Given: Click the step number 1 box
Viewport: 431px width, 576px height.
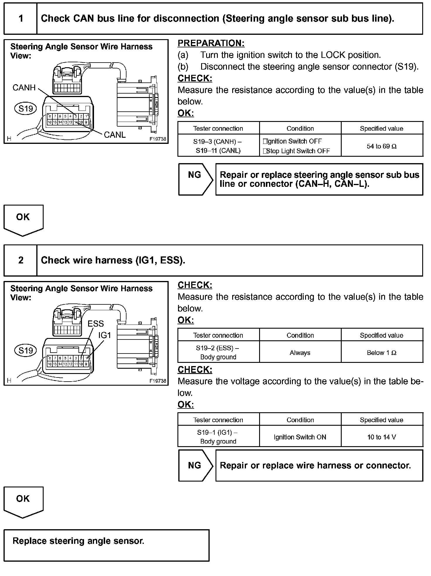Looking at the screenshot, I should click(20, 19).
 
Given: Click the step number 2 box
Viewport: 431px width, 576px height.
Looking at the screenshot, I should click(20, 260).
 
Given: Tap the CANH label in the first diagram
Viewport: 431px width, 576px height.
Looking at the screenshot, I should click(24, 87).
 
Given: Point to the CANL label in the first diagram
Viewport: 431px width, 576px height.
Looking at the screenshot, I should click(114, 134).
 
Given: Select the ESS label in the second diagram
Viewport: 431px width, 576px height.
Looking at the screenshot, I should click(96, 323).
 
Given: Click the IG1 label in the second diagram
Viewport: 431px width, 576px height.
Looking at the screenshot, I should click(105, 335).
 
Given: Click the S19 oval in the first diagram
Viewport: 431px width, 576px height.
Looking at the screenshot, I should click(25, 108).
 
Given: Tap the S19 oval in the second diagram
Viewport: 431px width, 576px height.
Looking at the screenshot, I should click(25, 350).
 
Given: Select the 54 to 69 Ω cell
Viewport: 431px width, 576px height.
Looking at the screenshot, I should click(382, 146).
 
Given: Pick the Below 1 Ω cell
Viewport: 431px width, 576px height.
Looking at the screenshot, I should click(382, 353).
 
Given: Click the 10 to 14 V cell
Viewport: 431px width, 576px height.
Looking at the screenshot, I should click(382, 437).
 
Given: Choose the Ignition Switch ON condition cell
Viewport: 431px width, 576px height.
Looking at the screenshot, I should click(300, 437).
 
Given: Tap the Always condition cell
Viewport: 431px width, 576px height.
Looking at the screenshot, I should click(300, 353).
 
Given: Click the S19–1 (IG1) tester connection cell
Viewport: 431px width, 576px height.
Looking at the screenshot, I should click(218, 437).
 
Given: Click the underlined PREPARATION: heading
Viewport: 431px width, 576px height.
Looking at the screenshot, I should click(211, 43).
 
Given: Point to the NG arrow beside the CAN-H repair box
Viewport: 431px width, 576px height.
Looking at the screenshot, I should click(195, 179).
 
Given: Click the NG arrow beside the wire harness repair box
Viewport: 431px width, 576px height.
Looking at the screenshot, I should click(195, 465).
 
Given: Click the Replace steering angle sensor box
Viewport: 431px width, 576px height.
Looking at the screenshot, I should click(106, 545).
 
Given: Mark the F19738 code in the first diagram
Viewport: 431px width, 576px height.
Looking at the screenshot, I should click(158, 139).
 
